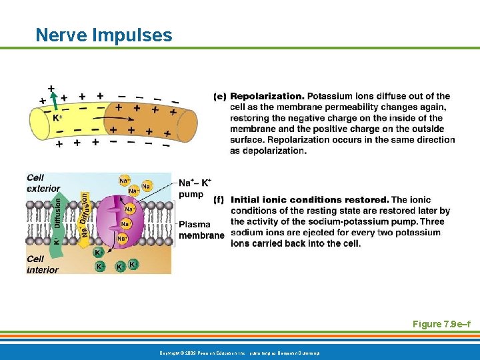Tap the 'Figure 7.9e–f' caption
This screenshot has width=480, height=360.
[441, 324]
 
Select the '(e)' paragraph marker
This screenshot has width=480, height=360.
[220, 97]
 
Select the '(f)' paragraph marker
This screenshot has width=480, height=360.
[219, 199]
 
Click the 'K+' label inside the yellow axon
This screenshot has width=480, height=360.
[57, 118]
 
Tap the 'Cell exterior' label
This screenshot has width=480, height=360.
[43, 183]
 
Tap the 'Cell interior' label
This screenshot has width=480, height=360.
[42, 264]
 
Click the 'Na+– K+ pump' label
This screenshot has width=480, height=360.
[195, 188]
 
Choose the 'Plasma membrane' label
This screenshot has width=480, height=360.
[201, 230]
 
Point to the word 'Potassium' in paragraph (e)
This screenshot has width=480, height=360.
[328, 97]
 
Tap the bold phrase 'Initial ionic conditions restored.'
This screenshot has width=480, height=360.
[309, 199]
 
